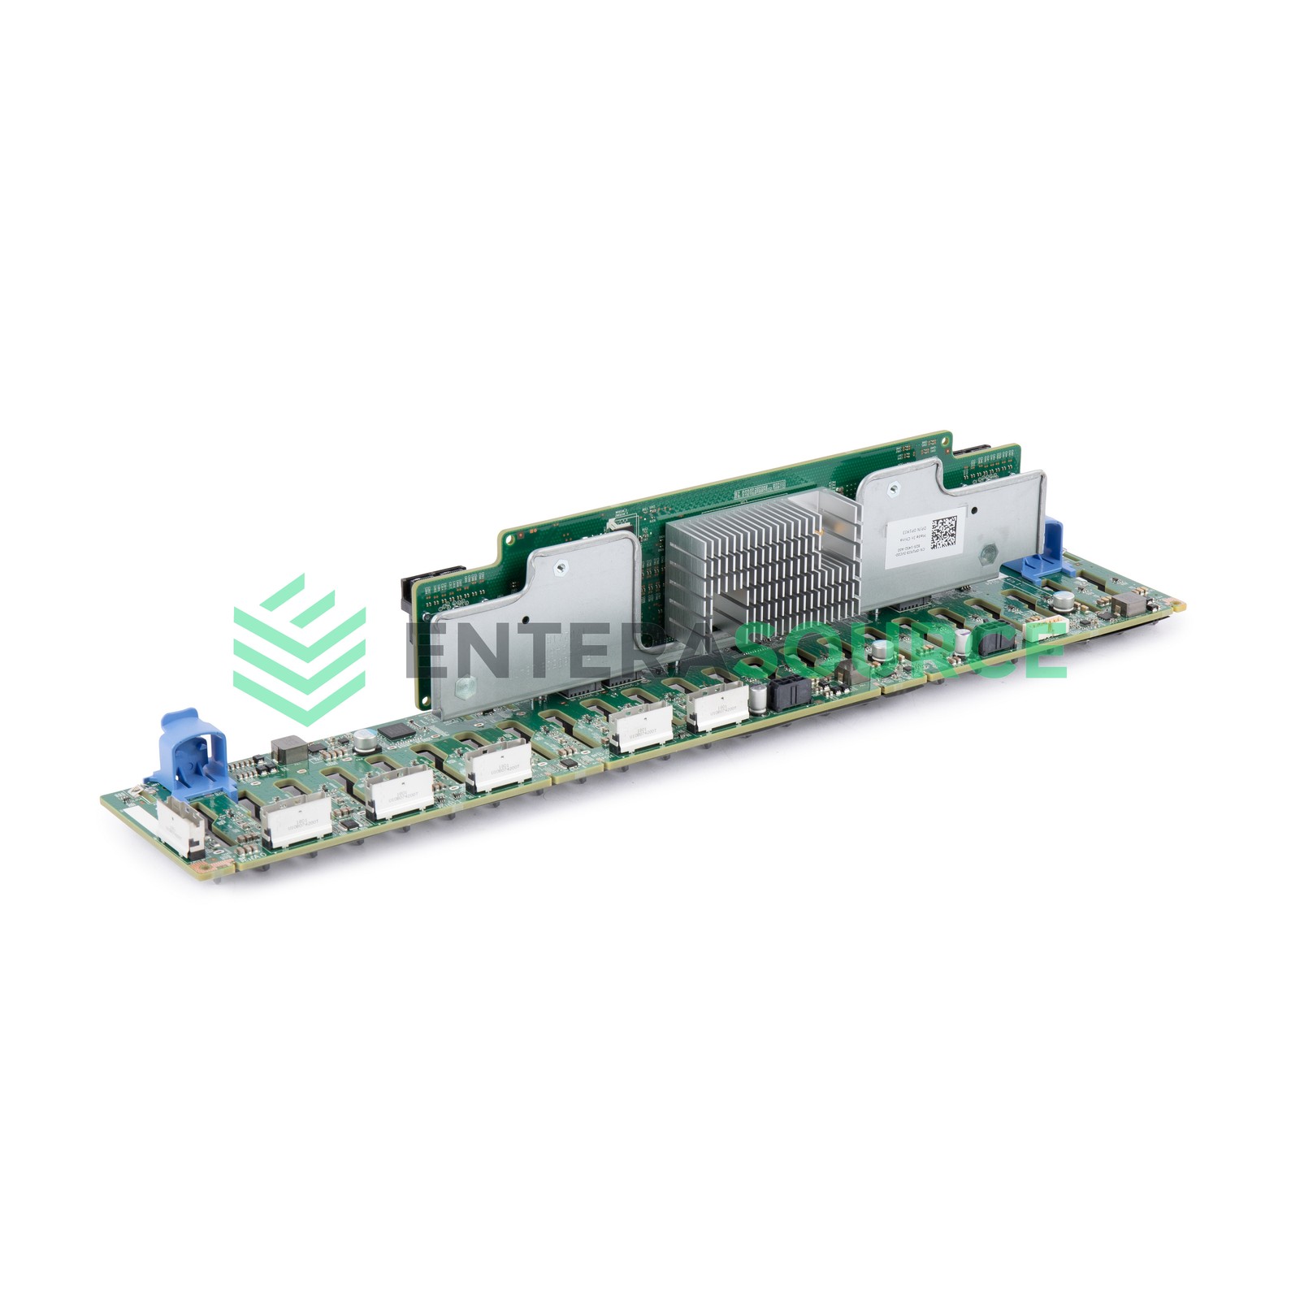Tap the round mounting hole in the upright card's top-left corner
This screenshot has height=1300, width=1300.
[x=510, y=538]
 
